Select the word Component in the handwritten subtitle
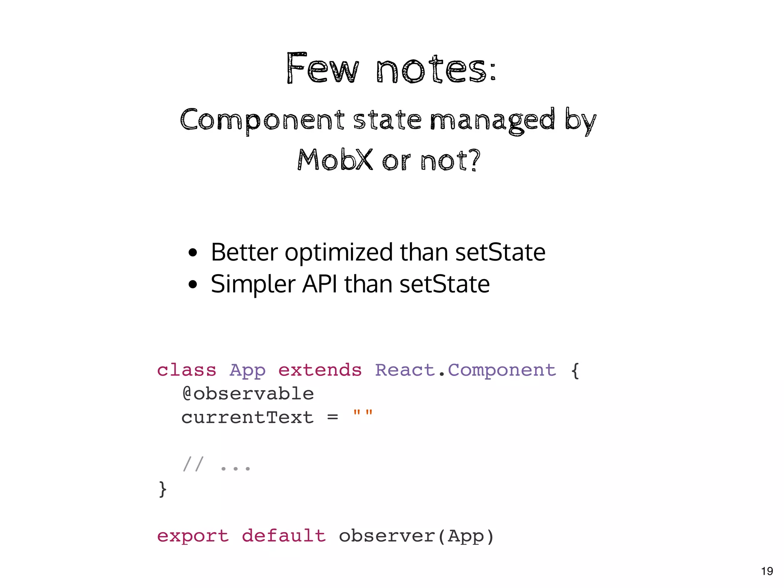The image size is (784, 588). tap(262, 120)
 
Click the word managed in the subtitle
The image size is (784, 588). tap(492, 120)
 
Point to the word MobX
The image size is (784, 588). tap(335, 160)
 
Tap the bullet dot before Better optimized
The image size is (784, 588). tap(193, 253)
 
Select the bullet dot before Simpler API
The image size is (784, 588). tap(193, 284)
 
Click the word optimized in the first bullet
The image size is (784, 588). tap(339, 253)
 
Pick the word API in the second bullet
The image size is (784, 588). tap(320, 284)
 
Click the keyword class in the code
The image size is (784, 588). tap(187, 370)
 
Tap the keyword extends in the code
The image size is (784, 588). tap(320, 370)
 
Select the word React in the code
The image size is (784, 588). tap(405, 370)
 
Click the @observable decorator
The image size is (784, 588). tap(248, 394)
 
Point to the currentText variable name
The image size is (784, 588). tap(247, 417)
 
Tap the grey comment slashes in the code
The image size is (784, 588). tap(193, 464)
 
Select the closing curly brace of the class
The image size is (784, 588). tap(163, 489)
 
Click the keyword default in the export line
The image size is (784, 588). tap(284, 536)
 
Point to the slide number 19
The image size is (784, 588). tap(767, 571)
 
